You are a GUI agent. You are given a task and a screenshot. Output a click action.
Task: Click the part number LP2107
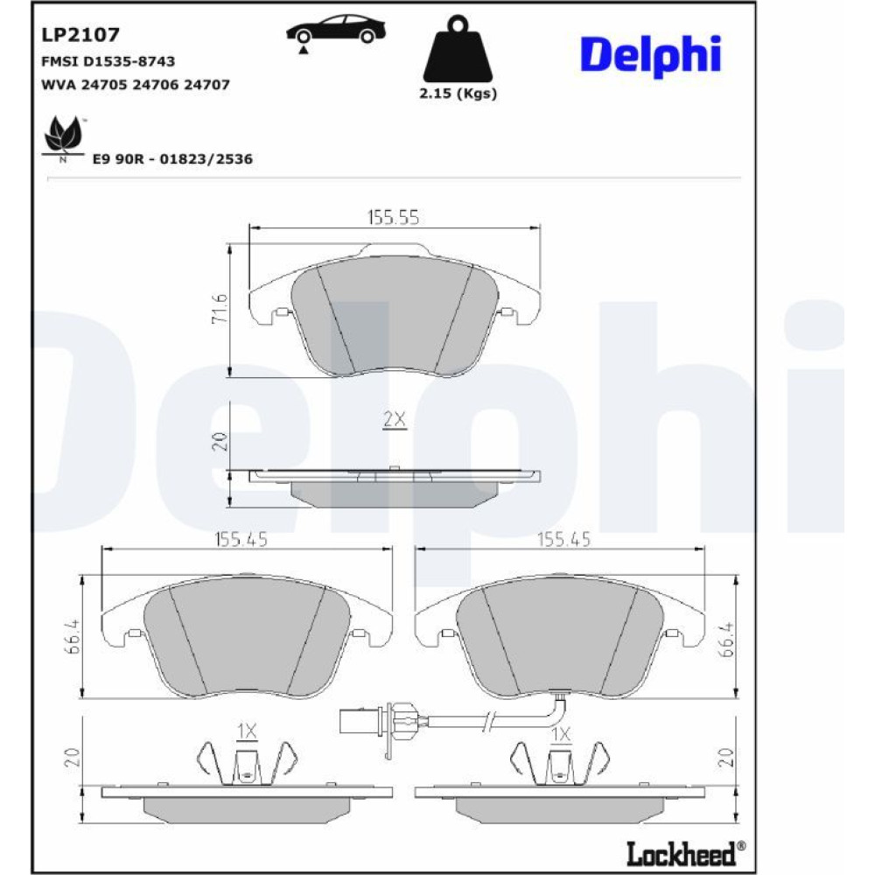click(x=80, y=35)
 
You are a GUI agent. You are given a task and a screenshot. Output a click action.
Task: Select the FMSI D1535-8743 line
click(x=108, y=61)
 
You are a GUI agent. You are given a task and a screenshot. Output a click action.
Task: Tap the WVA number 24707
click(x=206, y=85)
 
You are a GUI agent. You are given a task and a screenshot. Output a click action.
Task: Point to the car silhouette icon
click(x=336, y=31)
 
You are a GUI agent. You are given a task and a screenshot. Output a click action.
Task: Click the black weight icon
click(x=458, y=49)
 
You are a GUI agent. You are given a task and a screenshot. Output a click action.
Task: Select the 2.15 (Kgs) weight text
click(x=458, y=94)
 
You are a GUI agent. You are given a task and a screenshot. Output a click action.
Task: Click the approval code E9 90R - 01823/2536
click(x=172, y=159)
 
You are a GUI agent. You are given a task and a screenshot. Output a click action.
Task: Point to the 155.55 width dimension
click(x=394, y=217)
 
